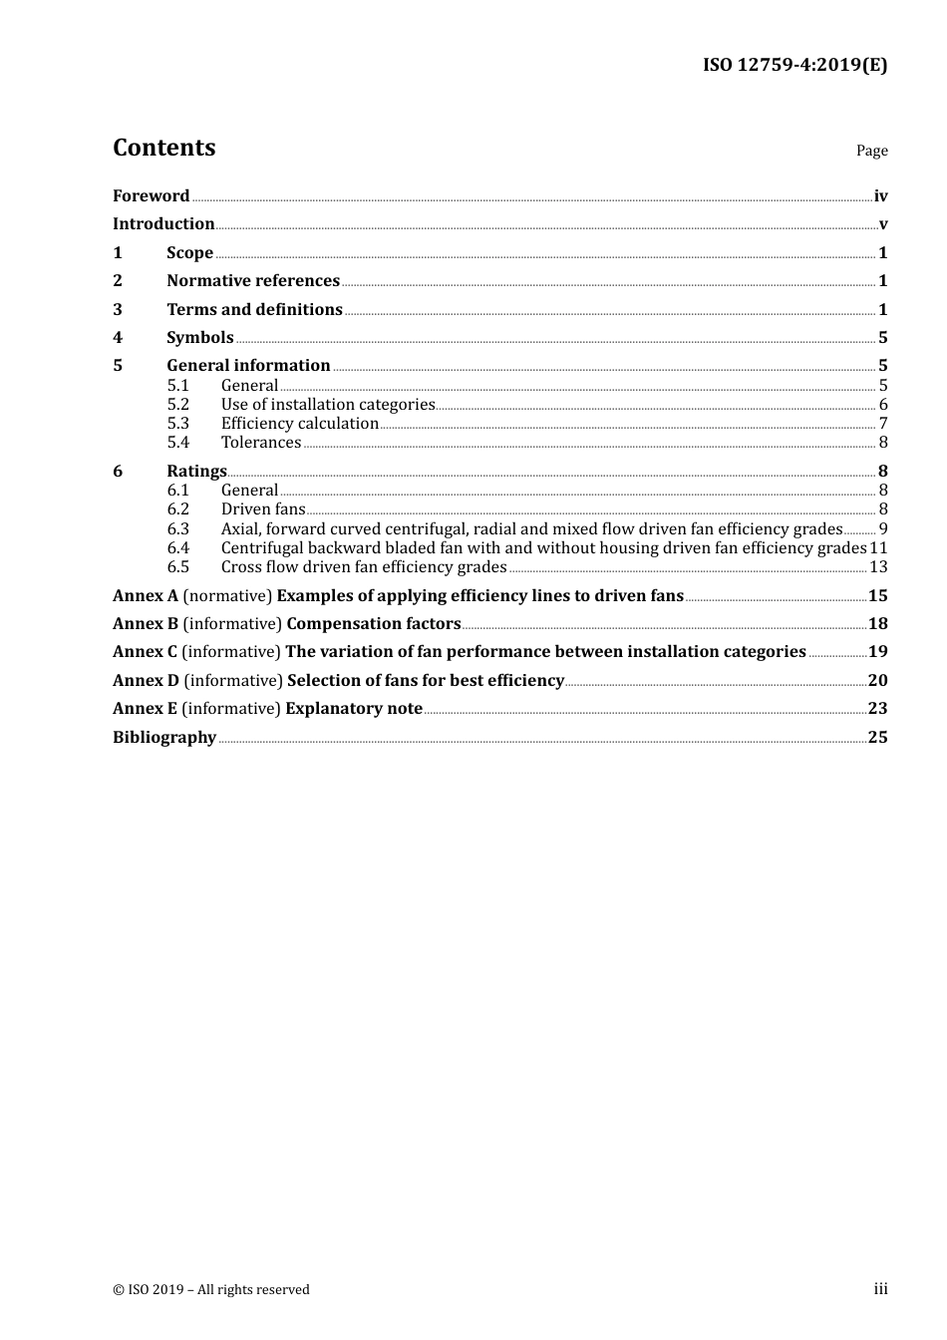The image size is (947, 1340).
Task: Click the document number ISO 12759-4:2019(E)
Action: point(794,65)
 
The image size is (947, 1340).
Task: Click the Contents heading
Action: point(163,148)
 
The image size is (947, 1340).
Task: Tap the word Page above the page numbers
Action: point(871,151)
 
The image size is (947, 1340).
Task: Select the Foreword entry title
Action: point(151,196)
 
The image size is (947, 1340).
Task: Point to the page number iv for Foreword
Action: point(880,196)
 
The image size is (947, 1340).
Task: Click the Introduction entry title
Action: point(163,224)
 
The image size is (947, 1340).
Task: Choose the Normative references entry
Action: point(253,281)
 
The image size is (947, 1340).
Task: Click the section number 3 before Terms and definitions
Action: point(118,310)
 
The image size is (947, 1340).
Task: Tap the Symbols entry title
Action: point(200,338)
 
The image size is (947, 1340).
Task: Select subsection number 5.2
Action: point(178,405)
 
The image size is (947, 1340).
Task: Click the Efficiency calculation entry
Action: point(300,424)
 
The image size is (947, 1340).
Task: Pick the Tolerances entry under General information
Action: point(261,443)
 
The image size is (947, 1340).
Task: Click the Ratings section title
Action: point(196,472)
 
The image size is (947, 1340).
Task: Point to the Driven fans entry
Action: point(263,509)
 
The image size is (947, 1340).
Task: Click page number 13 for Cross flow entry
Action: point(878,567)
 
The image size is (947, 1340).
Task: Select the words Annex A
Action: point(146,596)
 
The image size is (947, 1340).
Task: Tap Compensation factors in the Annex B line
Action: point(374,624)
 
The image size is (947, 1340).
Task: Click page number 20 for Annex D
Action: point(877,681)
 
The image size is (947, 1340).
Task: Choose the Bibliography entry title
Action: point(164,738)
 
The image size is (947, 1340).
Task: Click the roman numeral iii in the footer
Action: point(880,1289)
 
